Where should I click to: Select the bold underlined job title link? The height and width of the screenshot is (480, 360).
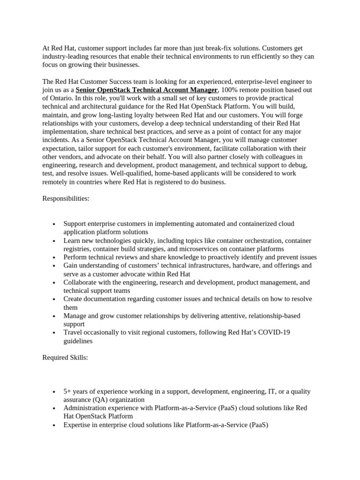(146, 90)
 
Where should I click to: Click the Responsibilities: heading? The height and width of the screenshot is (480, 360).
(66, 198)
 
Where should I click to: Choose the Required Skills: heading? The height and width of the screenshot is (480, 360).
(65, 358)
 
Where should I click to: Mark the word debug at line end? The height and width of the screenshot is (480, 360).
(297, 165)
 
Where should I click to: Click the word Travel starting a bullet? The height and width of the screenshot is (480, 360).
(73, 332)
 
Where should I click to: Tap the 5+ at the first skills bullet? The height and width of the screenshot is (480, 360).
(67, 391)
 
